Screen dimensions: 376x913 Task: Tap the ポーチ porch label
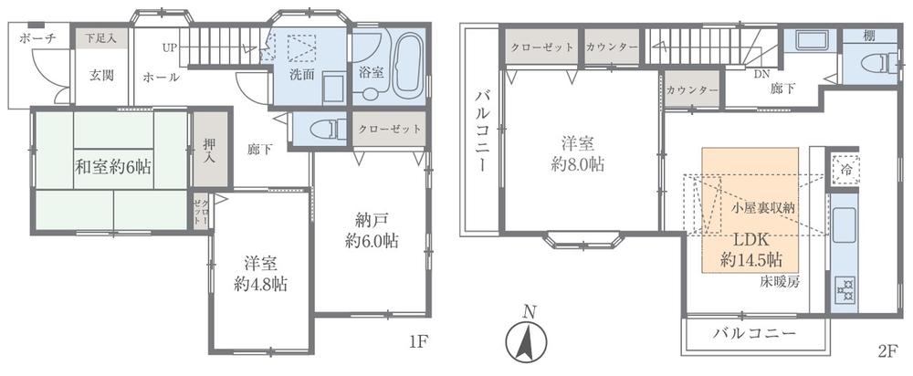click(x=37, y=38)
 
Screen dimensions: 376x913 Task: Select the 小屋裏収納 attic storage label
click(x=764, y=207)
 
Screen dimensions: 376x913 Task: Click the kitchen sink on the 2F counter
click(x=844, y=224)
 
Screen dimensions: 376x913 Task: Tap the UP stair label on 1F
click(x=171, y=46)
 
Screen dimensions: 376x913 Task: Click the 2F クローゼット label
click(x=541, y=46)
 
